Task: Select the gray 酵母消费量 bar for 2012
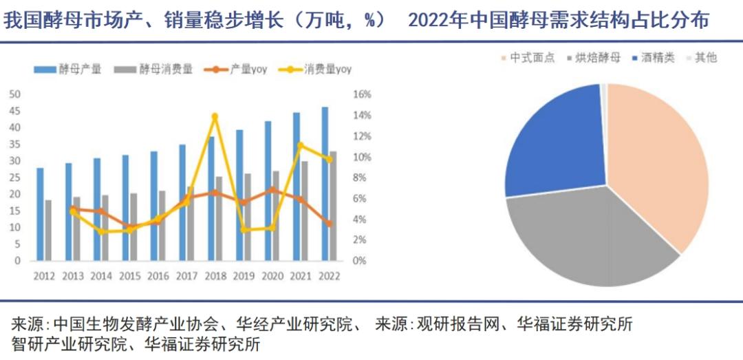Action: pos(48,230)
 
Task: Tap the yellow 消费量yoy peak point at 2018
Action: pos(215,116)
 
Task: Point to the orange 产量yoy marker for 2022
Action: pos(329,224)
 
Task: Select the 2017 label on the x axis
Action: pos(186,275)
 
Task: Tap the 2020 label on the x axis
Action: pos(272,275)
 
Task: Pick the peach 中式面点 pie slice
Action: pos(657,165)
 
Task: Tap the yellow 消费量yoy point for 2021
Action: pos(300,145)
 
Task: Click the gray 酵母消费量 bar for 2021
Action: pos(305,211)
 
